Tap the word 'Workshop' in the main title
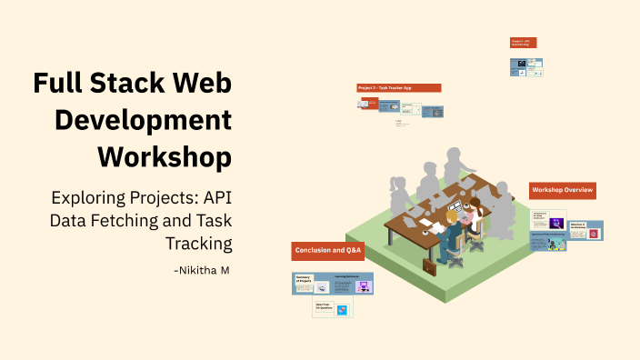[x=164, y=155]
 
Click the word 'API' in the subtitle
[x=216, y=197]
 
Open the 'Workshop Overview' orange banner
[x=563, y=190]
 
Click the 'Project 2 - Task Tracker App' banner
[x=398, y=88]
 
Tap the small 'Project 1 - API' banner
[x=523, y=43]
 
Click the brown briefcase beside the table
[x=428, y=266]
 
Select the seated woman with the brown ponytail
[x=473, y=218]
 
